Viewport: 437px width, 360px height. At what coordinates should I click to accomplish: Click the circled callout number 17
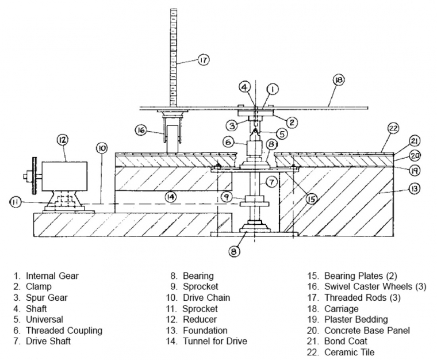click(x=204, y=60)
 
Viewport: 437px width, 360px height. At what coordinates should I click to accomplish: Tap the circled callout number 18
click(x=339, y=81)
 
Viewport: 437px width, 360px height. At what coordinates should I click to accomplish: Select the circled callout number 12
click(x=63, y=140)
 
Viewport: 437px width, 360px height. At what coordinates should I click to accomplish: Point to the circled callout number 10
click(x=102, y=148)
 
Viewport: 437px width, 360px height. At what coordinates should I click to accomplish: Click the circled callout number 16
click(x=141, y=130)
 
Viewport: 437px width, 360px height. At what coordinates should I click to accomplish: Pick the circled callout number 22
click(x=393, y=129)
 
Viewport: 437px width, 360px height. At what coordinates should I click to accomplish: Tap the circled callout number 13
click(x=415, y=189)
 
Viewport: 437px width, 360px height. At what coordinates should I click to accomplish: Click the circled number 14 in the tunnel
click(x=171, y=197)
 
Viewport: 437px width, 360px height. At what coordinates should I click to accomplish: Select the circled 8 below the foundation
click(x=234, y=251)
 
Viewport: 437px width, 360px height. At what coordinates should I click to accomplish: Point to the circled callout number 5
click(x=282, y=134)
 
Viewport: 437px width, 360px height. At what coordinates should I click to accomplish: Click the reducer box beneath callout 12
click(x=64, y=177)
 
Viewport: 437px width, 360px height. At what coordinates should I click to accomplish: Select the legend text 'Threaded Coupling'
click(x=64, y=331)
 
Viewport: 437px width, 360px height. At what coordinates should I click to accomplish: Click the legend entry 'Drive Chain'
click(x=206, y=297)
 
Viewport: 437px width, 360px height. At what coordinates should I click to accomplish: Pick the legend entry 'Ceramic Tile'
click(x=349, y=352)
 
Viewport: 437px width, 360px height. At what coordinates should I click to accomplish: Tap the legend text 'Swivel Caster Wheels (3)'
click(x=375, y=286)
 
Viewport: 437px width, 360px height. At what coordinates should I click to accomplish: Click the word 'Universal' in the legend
click(x=45, y=319)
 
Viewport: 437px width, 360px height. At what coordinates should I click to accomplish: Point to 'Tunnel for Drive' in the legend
click(x=215, y=341)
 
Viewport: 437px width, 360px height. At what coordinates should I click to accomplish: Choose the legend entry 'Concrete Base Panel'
click(x=367, y=331)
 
